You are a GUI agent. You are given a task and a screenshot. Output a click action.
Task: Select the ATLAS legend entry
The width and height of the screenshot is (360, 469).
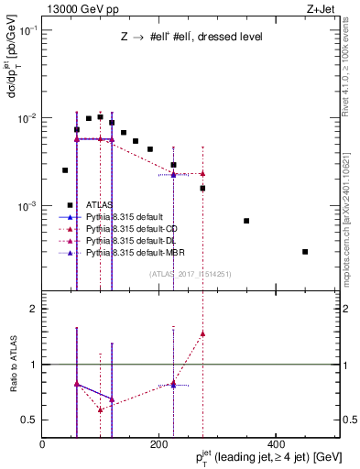(x=101, y=205)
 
